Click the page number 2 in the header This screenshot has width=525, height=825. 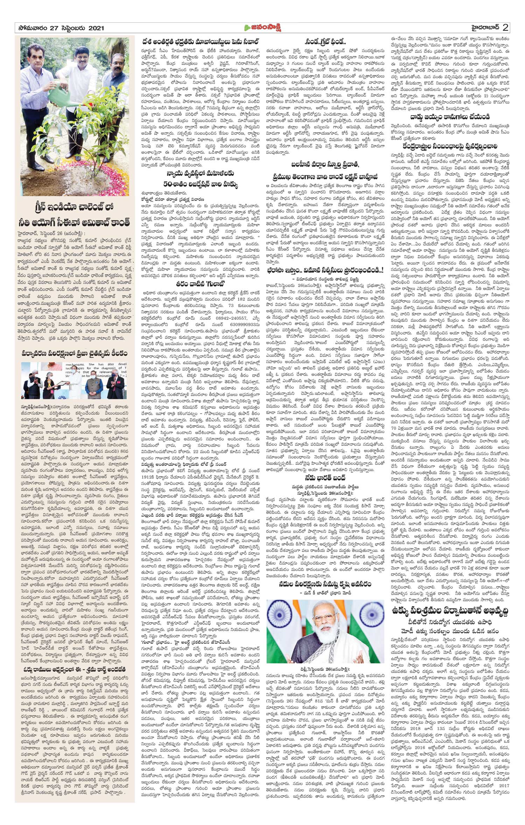[x=505, y=28]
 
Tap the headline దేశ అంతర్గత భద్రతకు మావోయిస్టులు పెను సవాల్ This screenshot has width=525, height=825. [x=200, y=41]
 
